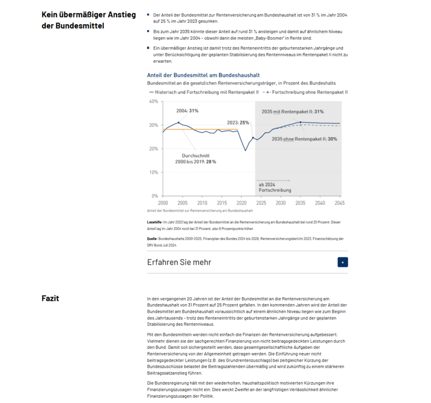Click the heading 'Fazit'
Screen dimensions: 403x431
51,298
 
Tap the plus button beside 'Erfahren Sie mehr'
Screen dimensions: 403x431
343,262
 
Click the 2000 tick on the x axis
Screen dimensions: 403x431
162,203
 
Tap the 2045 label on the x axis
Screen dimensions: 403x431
340,203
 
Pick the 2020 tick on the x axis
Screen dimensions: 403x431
241,203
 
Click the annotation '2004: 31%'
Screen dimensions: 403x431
188,111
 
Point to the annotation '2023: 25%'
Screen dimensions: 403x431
238,123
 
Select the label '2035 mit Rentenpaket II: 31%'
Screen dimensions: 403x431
292,112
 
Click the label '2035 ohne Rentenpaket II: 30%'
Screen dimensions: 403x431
304,139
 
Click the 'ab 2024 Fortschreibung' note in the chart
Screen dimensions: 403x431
275,187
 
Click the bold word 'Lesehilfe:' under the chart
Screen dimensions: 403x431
155,221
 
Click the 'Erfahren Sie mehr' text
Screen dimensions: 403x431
179,262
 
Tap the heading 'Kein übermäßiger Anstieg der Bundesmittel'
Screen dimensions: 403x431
81,20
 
